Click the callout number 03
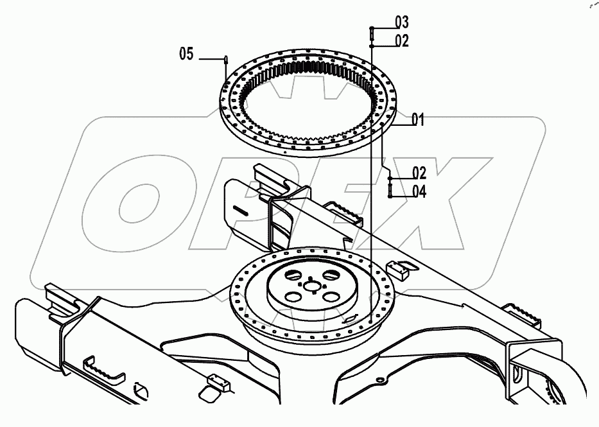coord(401,23)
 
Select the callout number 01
coord(418,119)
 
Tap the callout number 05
coord(186,55)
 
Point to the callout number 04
coord(419,191)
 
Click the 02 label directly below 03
coord(402,41)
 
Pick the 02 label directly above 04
coord(419,173)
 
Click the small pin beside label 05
coord(226,60)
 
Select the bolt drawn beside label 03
coord(372,32)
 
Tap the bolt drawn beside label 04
coord(390,190)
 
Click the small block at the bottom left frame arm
coord(216,385)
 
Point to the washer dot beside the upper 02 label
coord(372,46)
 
